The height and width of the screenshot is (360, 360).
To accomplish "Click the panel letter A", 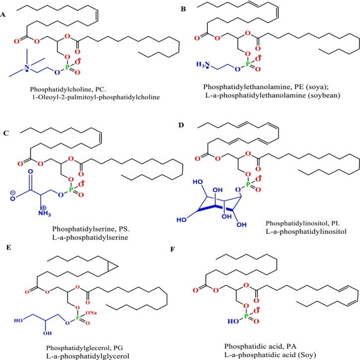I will [4, 15].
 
